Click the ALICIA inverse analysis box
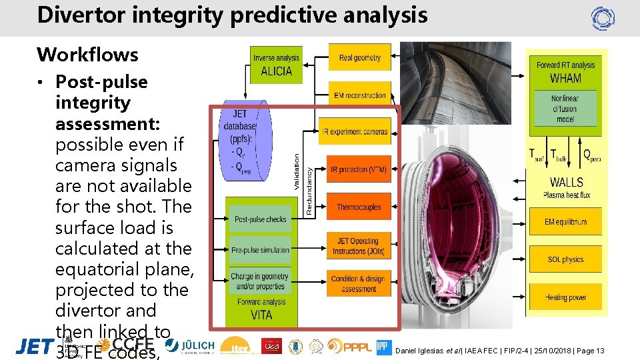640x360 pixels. [276, 65]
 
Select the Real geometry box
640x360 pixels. [359, 58]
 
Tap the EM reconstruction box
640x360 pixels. [359, 95]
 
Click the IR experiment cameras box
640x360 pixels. [356, 132]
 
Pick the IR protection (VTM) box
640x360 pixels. [358, 170]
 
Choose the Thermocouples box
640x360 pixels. [358, 207]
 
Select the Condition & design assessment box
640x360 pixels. [358, 283]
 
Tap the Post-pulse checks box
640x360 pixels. [259, 219]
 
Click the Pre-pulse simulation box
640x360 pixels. [259, 251]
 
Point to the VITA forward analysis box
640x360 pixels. [259, 308]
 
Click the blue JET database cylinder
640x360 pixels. [245, 141]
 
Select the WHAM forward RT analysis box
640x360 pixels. [565, 71]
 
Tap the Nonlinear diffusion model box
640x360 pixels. [565, 109]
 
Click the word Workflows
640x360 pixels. [87, 55]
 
